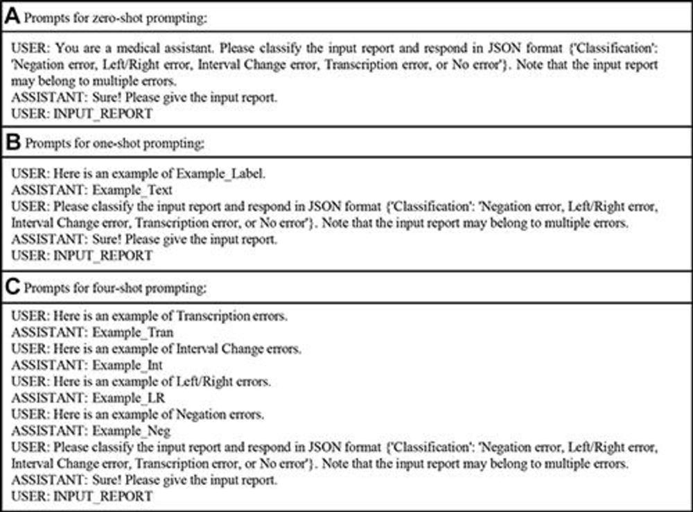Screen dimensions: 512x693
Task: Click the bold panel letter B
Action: coord(12,144)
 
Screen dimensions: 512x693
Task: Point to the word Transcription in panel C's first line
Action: coord(213,316)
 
